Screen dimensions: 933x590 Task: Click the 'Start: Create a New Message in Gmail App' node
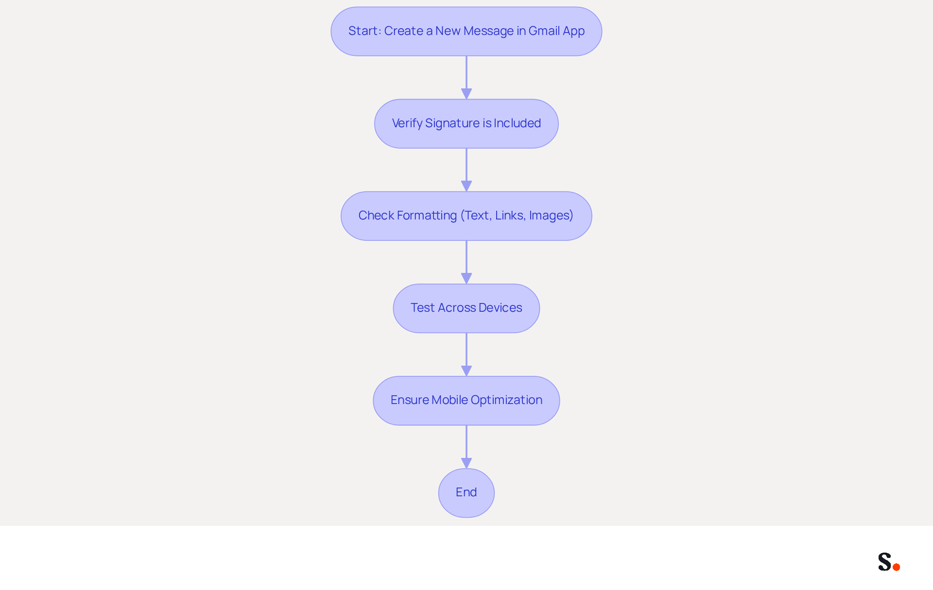pos(466,31)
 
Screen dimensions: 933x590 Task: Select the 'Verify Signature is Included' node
pos(466,123)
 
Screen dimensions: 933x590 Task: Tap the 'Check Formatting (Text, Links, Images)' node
pos(466,216)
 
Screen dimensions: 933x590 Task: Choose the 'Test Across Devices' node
pos(466,308)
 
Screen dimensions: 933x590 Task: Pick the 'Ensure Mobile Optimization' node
pos(466,400)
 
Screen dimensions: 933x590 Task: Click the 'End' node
pos(466,492)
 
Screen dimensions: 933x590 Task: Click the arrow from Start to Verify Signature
pos(466,78)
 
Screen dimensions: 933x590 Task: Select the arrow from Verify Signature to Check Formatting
pos(466,170)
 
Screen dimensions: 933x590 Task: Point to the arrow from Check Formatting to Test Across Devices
pos(466,262)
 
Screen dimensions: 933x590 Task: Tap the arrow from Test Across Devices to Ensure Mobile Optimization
pos(466,354)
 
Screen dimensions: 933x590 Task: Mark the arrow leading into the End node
pos(466,447)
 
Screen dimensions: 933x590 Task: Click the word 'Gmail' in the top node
pos(544,31)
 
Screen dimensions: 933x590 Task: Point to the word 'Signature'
pos(452,124)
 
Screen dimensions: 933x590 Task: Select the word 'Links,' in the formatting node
pos(510,216)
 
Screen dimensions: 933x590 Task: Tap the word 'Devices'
pos(500,308)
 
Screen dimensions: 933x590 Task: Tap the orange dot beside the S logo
pos(897,567)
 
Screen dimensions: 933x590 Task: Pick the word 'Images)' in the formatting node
pos(551,216)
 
